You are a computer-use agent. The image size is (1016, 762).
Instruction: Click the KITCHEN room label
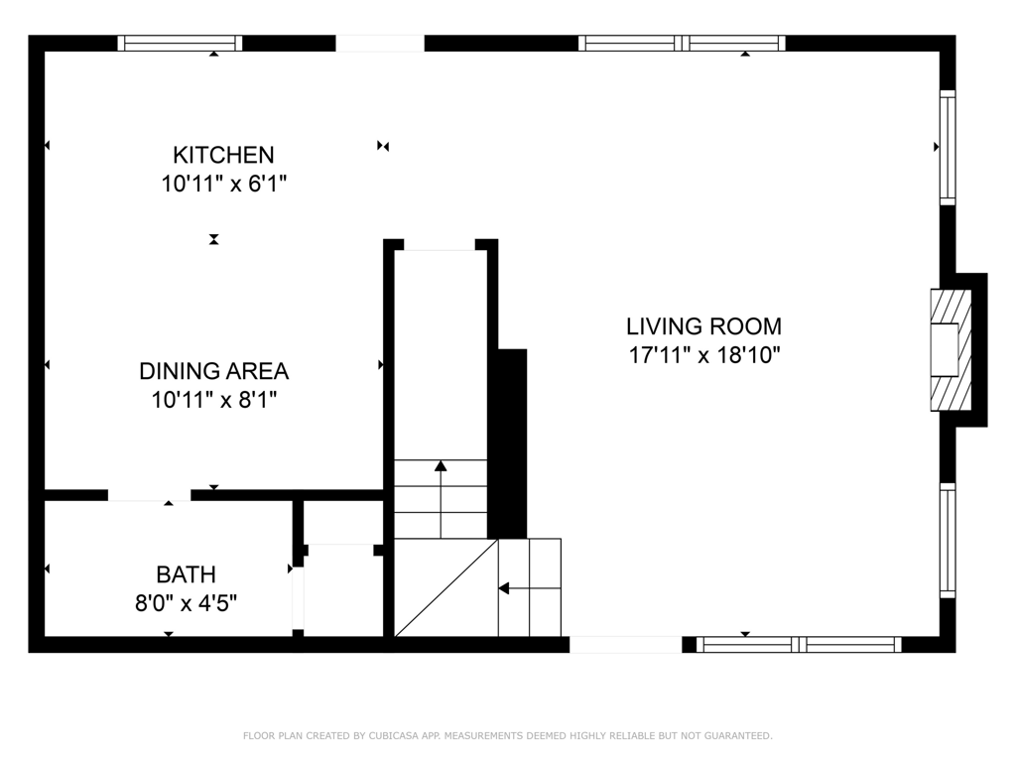[x=223, y=155]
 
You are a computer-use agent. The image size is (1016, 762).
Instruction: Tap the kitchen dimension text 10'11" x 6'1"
[x=223, y=184]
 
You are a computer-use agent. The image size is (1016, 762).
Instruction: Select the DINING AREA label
[x=214, y=371]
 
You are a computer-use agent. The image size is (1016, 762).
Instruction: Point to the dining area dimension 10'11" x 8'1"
[x=214, y=400]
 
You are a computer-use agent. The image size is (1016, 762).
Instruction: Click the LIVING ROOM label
[x=703, y=325]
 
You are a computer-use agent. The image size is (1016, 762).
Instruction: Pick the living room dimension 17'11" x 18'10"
[x=704, y=355]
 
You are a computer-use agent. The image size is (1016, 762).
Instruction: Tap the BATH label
[x=186, y=574]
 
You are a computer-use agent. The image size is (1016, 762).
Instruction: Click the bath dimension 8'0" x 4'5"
[x=186, y=603]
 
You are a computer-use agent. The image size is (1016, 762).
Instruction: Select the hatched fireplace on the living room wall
[x=952, y=350]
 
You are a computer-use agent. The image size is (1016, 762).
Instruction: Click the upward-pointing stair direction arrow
[x=441, y=499]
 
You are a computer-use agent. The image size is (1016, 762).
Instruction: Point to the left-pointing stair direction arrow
[x=530, y=588]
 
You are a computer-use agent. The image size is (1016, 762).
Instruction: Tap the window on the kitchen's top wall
[x=181, y=43]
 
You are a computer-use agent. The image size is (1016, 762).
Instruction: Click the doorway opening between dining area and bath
[x=149, y=496]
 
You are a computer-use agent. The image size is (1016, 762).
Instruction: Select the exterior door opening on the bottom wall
[x=626, y=644]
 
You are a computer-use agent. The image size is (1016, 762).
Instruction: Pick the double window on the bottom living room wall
[x=799, y=644]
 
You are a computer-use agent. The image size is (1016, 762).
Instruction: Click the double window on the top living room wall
[x=682, y=43]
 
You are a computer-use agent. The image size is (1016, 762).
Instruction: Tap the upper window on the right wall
[x=948, y=148]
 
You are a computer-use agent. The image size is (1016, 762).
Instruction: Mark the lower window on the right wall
[x=948, y=541]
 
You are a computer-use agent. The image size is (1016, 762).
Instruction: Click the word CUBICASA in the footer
[x=394, y=735]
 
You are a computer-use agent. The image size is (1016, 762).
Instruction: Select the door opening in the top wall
[x=380, y=43]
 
